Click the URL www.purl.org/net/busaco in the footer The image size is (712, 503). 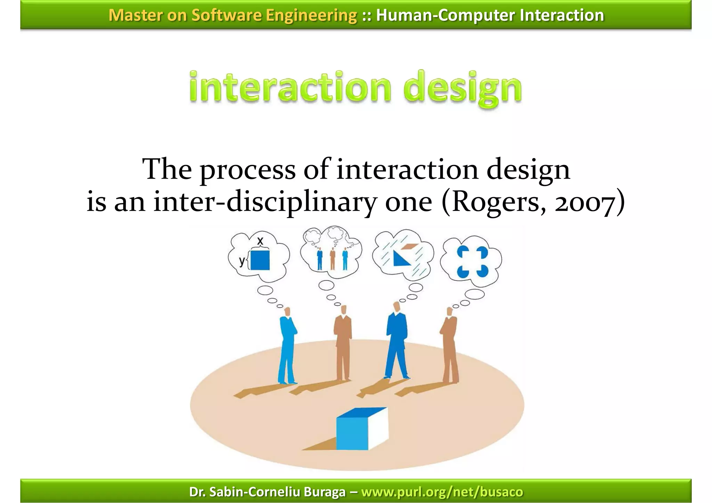point(442,492)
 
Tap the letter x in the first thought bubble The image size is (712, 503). point(260,241)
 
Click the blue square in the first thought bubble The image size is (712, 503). point(260,260)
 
